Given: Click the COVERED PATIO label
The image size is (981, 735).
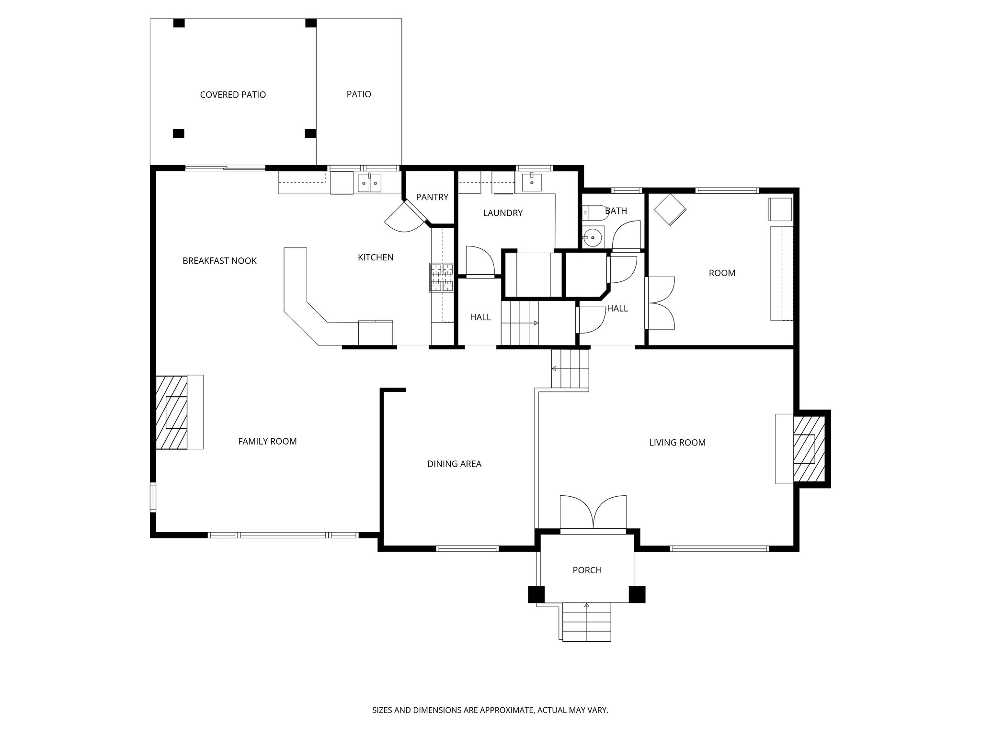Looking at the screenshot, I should (x=233, y=95).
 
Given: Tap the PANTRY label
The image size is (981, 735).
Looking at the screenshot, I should (x=432, y=197).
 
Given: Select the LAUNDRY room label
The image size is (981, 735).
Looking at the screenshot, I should (x=502, y=213).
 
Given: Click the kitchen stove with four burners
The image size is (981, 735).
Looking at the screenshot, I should (x=441, y=278).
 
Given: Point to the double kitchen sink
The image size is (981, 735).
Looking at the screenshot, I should (x=369, y=184).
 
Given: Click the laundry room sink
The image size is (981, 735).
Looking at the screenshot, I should (x=532, y=182).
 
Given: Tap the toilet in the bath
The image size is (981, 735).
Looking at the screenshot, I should (x=594, y=212).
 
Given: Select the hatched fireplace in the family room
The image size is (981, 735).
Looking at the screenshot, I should (x=171, y=412).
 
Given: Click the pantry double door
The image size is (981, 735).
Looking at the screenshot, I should (x=406, y=218).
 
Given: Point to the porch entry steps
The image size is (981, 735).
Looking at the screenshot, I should (x=587, y=622).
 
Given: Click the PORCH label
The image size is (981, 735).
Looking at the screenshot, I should (x=587, y=570).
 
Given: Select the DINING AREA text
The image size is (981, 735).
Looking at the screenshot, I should (x=454, y=464).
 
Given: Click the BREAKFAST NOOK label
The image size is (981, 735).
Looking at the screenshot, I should (x=219, y=261).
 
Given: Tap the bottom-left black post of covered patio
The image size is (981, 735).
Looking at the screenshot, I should (x=178, y=134).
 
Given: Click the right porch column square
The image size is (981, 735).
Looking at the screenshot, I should (x=637, y=594).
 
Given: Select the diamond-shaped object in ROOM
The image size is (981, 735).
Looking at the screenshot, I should (x=670, y=209).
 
